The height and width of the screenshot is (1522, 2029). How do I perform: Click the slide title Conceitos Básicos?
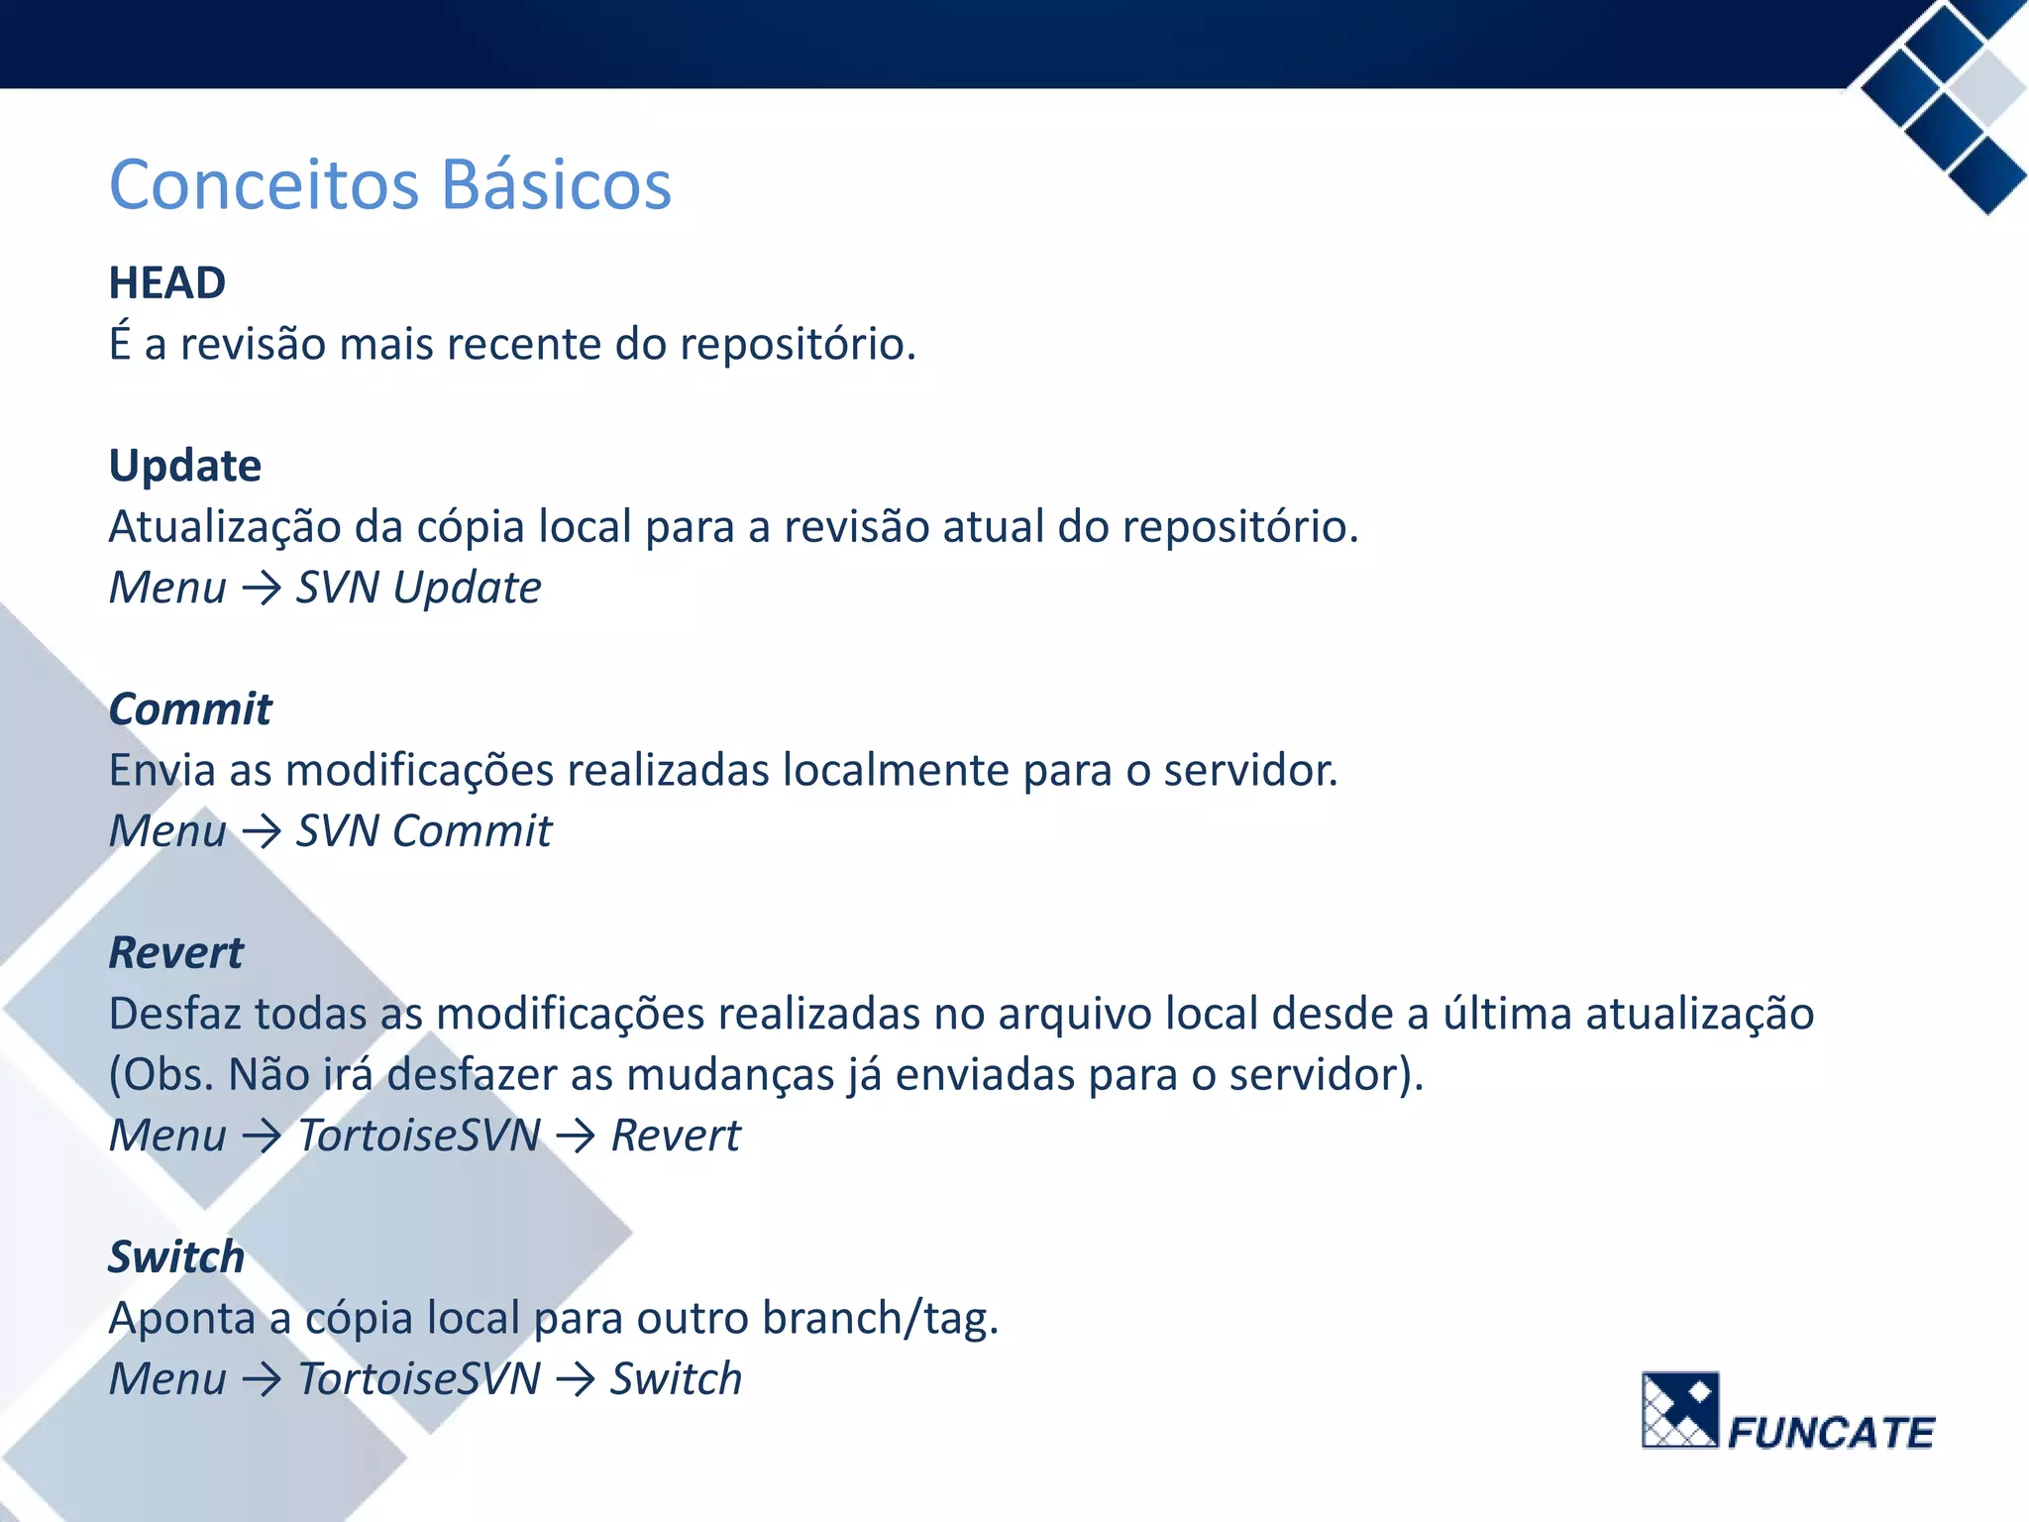390,185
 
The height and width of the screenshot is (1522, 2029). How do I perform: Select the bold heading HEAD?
167,283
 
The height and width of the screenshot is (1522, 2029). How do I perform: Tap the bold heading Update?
185,466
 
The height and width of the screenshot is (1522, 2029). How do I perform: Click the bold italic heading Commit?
190,709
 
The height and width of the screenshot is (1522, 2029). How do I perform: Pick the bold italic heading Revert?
176,953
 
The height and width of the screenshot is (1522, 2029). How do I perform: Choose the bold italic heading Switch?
176,1257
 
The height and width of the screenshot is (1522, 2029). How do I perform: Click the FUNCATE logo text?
1831,1433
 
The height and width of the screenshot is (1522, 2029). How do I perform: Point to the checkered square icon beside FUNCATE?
1680,1410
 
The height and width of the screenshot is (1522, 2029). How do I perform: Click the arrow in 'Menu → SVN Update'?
262,589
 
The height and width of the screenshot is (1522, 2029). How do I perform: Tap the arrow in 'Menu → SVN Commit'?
262,832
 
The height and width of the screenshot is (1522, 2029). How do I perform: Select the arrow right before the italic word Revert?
576,1137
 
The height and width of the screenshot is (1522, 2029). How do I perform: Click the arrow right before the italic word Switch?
576,1380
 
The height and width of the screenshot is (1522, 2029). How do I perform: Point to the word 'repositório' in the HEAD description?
798,345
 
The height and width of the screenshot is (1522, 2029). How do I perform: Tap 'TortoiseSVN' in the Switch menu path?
420,1380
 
